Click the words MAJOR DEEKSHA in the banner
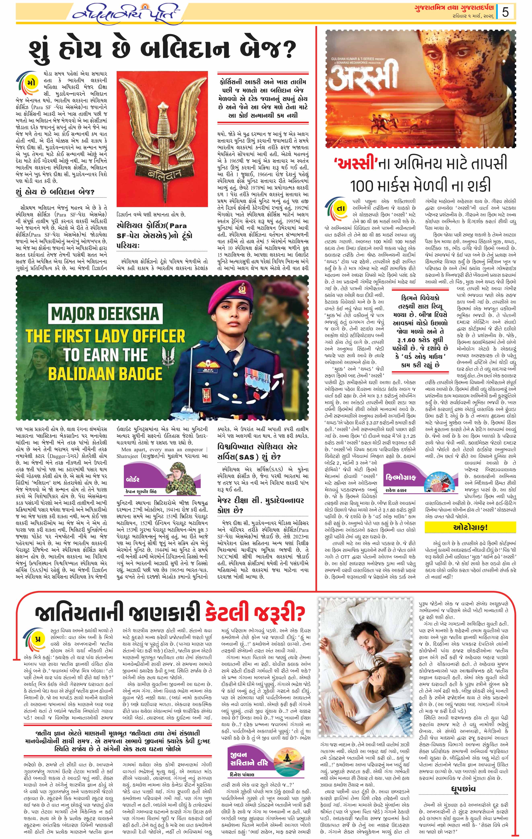tap(105, 314)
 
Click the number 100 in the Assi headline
tap(364, 185)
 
